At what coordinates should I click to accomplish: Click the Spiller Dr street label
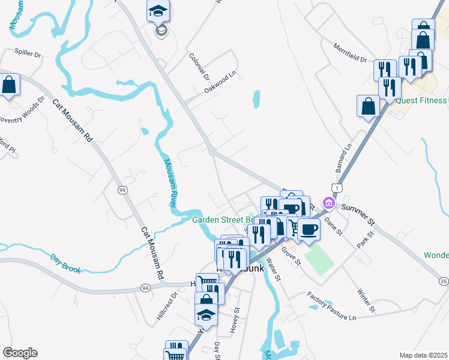pyautogui.click(x=28, y=54)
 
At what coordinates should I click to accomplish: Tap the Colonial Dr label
pyautogui.click(x=199, y=67)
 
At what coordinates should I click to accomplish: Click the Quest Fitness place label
pyautogui.click(x=421, y=100)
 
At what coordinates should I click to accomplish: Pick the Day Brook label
pyautogui.click(x=65, y=262)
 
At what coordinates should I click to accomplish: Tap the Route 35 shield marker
pyautogui.click(x=443, y=281)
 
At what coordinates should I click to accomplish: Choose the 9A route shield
pyautogui.click(x=145, y=287)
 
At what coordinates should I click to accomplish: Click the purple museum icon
pyautogui.click(x=328, y=204)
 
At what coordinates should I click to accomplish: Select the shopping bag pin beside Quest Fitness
pyautogui.click(x=368, y=106)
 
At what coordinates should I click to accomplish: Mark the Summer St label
pyautogui.click(x=358, y=214)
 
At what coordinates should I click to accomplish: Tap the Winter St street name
pyautogui.click(x=366, y=300)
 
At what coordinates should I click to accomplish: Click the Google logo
pyautogui.click(x=20, y=353)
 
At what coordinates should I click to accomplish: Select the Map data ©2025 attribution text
pyautogui.click(x=423, y=355)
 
